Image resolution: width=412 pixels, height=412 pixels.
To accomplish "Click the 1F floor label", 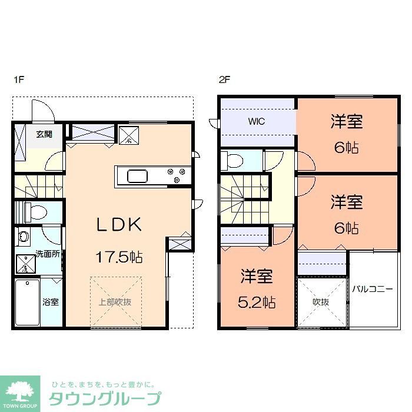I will [18, 80].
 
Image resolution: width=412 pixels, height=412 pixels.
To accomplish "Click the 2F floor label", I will [224, 80].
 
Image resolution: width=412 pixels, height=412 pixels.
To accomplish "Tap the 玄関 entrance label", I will [44, 134].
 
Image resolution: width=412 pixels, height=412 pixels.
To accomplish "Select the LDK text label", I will [119, 224].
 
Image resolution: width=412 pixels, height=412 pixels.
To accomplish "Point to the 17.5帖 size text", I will [119, 257].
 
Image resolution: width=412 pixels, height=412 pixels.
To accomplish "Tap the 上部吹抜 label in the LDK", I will [115, 302].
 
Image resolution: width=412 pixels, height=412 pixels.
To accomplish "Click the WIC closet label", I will [256, 122].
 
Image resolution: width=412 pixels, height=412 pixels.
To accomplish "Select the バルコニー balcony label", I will [372, 289].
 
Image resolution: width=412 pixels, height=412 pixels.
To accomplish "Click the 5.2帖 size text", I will [257, 303].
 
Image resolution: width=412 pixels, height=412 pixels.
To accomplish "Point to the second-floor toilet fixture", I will [234, 160].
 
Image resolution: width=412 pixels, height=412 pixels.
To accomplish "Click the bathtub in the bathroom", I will [27, 302].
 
